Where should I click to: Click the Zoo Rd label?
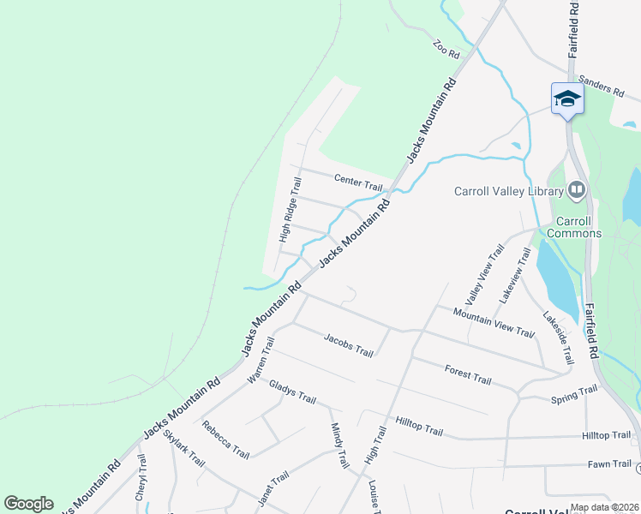(447, 50)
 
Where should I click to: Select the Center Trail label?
(358, 182)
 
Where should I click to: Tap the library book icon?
(577, 189)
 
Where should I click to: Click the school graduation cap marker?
(566, 99)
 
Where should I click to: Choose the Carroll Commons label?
(574, 226)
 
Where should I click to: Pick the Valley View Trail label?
(485, 275)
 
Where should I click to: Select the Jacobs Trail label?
(349, 345)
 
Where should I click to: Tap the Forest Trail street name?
(468, 374)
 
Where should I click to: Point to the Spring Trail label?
(574, 394)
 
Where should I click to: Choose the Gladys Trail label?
(293, 394)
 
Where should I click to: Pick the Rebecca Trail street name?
(225, 439)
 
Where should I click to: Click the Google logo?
(28, 504)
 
